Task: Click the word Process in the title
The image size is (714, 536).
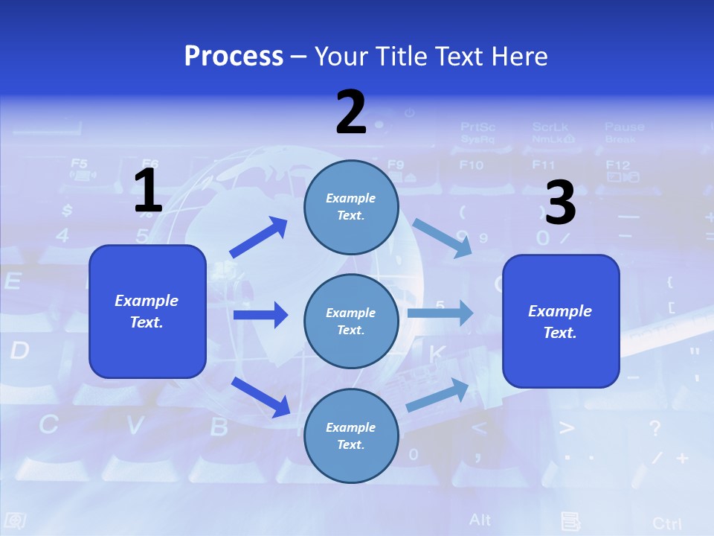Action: (234, 57)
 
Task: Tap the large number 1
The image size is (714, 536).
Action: (148, 191)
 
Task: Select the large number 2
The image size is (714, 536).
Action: (351, 112)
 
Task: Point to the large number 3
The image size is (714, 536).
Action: (561, 202)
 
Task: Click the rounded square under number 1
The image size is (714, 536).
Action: (147, 311)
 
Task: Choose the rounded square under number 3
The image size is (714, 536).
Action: (561, 321)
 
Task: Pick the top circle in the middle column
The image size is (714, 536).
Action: (351, 207)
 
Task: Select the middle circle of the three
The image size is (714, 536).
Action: (351, 321)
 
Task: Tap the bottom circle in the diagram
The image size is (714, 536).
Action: (351, 435)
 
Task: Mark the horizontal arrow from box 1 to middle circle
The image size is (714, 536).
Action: (260, 315)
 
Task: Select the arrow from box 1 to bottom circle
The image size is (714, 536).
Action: (260, 397)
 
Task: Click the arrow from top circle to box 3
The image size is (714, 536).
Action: (442, 237)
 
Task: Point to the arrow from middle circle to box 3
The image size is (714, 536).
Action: (440, 313)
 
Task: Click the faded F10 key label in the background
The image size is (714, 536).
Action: (471, 165)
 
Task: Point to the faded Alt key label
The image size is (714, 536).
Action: (480, 519)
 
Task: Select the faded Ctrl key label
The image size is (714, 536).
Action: (666, 523)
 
